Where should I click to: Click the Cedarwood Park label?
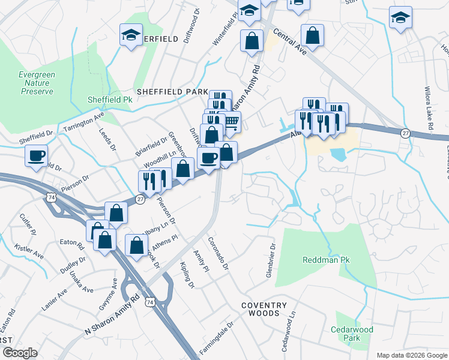352,334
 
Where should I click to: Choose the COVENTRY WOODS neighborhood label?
260,309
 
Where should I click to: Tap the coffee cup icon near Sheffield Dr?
37,155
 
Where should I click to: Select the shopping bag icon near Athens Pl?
136,245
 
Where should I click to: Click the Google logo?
20,353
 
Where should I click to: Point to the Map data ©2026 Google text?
411,355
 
